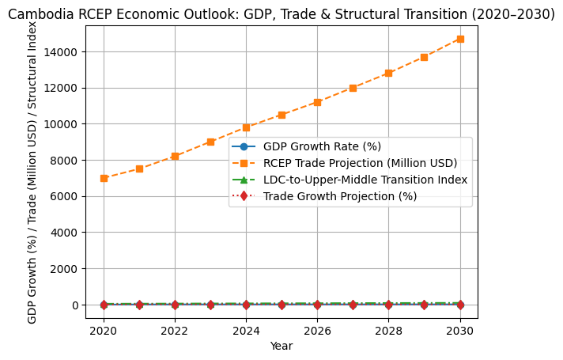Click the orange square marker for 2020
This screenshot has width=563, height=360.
click(104, 178)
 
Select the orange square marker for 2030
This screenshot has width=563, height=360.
click(459, 39)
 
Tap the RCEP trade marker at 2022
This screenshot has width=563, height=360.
click(175, 156)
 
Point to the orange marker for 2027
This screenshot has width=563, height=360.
click(353, 88)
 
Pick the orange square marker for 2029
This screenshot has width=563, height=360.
click(424, 57)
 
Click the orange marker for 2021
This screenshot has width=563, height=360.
click(139, 169)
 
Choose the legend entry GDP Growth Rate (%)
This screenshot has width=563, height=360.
click(322, 146)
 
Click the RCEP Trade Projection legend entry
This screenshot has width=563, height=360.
click(360, 163)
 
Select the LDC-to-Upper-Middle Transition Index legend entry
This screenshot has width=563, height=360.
click(365, 180)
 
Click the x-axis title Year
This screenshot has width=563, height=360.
click(281, 346)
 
